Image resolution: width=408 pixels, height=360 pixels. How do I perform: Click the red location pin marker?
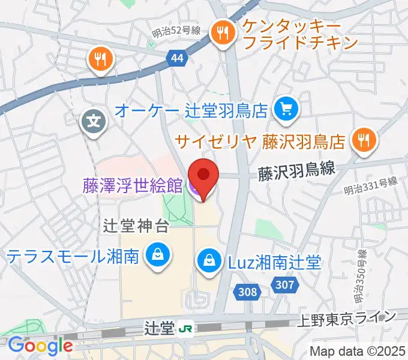point(203,176)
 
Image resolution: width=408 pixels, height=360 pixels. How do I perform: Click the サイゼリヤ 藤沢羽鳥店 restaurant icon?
point(363,140)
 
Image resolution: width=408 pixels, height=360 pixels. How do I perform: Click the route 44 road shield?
point(176,58)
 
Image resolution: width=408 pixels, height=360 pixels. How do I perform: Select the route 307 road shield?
point(283,284)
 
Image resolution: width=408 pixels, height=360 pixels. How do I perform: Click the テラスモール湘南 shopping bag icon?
point(157,256)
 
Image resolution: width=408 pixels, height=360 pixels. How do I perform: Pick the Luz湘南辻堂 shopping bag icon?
point(209,262)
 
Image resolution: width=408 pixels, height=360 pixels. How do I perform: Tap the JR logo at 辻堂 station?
point(186,328)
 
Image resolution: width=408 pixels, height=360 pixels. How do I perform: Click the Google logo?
point(40,346)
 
